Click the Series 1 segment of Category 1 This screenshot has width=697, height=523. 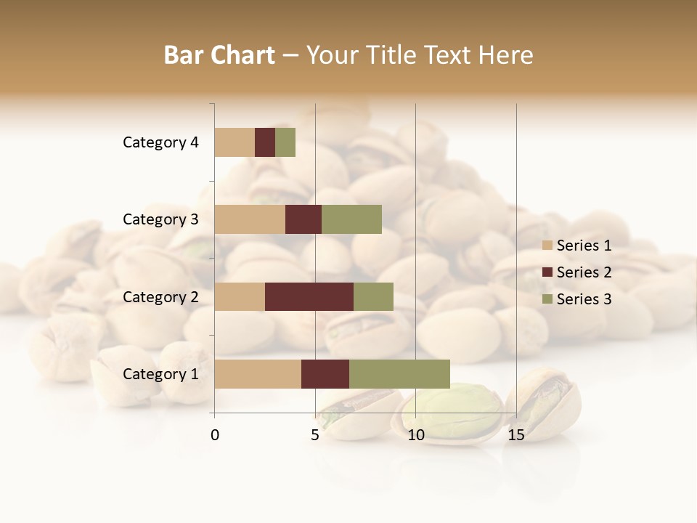(258, 374)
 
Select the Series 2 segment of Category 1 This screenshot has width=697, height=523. (325, 374)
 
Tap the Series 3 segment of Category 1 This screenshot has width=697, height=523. (399, 374)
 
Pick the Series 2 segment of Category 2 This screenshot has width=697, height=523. (309, 296)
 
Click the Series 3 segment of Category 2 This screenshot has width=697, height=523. (373, 296)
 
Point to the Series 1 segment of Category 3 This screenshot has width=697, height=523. (250, 219)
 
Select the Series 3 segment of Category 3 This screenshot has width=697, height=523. (351, 219)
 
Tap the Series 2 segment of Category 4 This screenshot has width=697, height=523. (265, 142)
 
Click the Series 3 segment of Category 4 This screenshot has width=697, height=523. (285, 142)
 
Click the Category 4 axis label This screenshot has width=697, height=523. (160, 142)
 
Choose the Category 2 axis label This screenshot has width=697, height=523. (160, 296)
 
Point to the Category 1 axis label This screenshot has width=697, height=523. (160, 374)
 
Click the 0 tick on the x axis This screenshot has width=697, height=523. (215, 435)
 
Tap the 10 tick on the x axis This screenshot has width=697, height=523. (415, 435)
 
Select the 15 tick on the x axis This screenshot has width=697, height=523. (515, 435)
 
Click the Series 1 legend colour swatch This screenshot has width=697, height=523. (547, 246)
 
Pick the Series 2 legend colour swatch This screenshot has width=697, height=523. (547, 272)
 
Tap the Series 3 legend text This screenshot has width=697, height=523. (584, 299)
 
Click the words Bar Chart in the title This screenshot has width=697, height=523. (219, 55)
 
